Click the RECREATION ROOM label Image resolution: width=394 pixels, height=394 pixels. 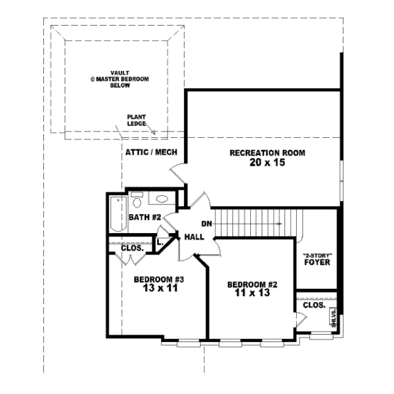tap(267, 153)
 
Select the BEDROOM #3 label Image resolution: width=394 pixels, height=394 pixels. tap(159, 279)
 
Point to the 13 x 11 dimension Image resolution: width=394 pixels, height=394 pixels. tap(159, 288)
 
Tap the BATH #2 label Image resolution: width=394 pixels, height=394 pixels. tap(141, 217)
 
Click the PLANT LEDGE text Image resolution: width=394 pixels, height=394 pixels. tap(137, 120)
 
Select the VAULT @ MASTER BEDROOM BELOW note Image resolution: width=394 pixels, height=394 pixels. tap(120, 79)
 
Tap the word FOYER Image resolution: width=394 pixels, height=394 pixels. tap(317, 263)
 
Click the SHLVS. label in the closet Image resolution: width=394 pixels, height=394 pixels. tap(334, 318)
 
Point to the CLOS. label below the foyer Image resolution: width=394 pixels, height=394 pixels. tap(314, 305)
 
